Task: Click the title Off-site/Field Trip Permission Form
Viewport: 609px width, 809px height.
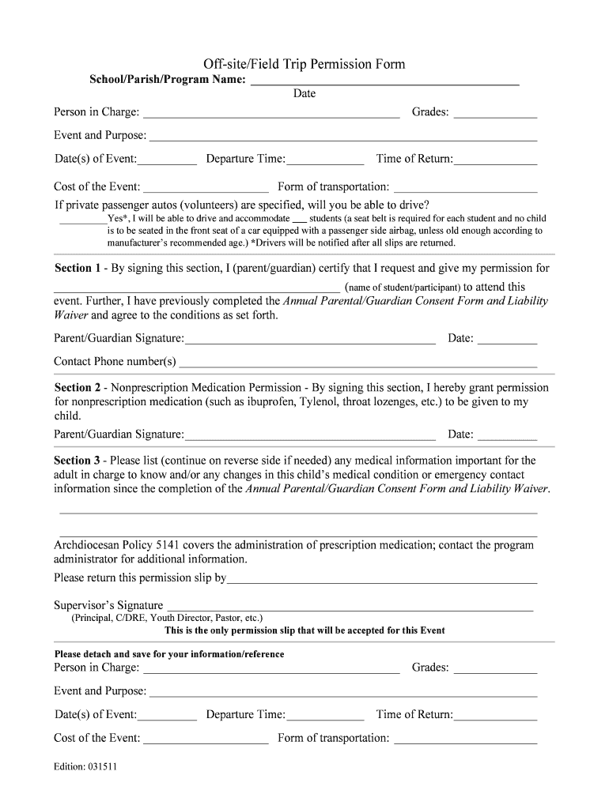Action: point(304,64)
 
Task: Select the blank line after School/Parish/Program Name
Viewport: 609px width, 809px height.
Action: point(384,82)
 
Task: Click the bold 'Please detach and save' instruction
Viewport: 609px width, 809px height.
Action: point(168,654)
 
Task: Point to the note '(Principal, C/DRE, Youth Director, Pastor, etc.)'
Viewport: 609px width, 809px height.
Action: point(168,618)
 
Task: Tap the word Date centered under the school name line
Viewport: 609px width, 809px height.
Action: point(304,94)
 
